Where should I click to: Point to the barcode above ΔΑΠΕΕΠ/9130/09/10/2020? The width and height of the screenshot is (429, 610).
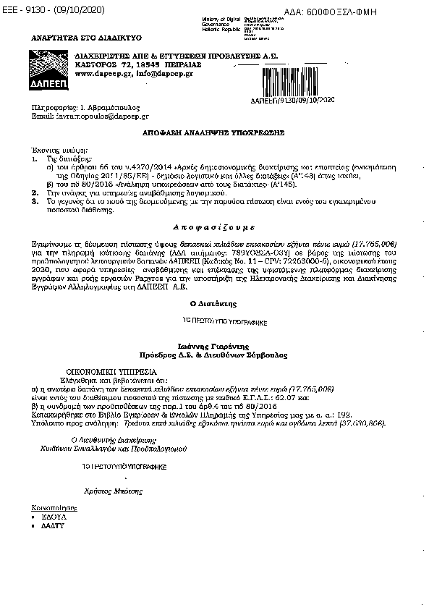point(292,82)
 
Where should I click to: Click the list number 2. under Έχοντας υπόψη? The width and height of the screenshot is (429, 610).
point(35,194)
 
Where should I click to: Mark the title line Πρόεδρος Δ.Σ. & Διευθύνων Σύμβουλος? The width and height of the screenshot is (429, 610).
point(213,355)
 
